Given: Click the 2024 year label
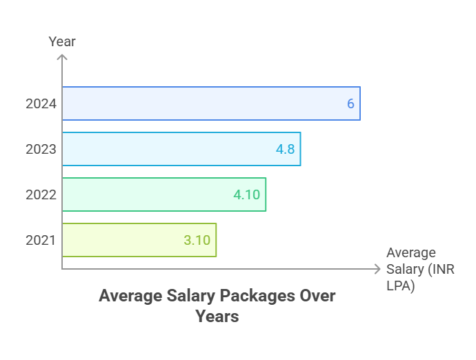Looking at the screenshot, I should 41,104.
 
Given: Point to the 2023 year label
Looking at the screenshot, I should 41,150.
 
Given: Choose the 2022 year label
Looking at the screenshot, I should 41,195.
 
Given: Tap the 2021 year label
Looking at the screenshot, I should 41,241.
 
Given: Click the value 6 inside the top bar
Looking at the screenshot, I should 350,104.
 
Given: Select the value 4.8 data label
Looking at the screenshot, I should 286,150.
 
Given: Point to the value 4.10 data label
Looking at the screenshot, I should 246,195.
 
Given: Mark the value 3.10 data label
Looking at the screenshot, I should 197,241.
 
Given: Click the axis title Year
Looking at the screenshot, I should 62,42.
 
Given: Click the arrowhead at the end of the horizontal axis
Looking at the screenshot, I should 377,268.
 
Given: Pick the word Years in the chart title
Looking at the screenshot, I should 217,317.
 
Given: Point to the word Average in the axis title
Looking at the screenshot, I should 411,253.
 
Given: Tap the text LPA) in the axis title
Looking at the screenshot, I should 401,285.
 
